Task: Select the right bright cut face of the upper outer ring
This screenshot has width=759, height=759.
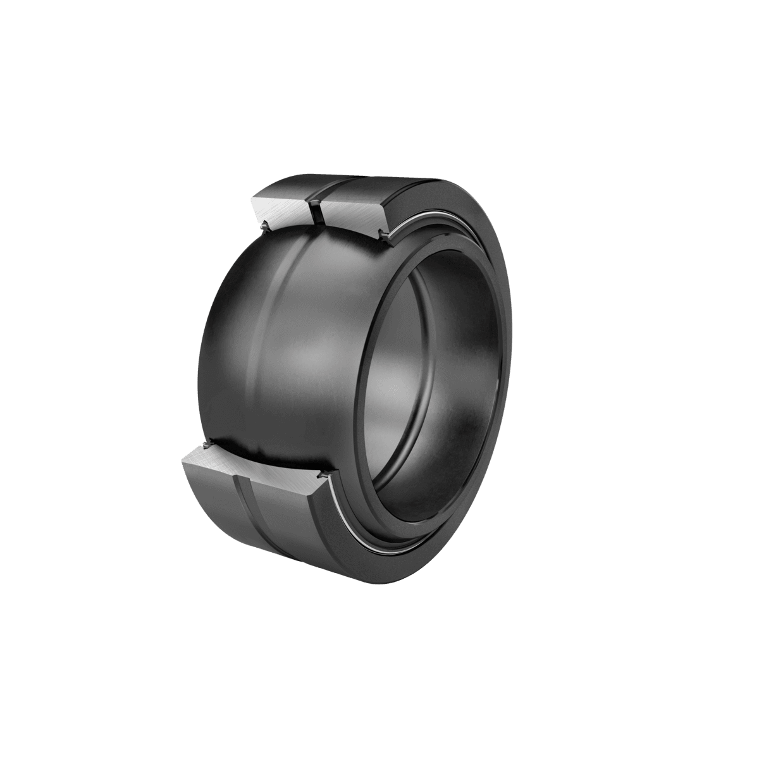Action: point(351,213)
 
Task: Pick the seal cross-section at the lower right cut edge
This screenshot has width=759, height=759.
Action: point(326,473)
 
